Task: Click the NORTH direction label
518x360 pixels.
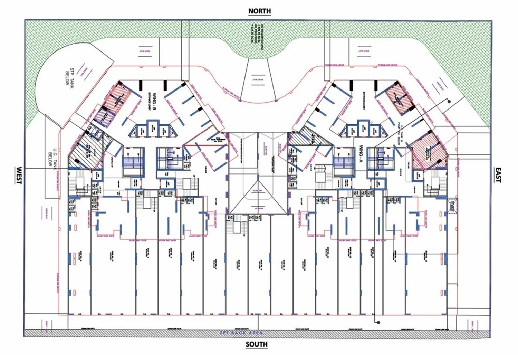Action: (260, 11)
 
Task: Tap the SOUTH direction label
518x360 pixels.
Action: (257, 344)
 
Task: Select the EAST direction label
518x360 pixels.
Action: (498, 175)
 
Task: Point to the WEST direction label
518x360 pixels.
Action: (19, 176)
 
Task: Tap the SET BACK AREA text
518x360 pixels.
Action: (242, 333)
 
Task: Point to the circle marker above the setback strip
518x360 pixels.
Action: (378, 322)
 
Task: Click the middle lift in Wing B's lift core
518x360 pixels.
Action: (152, 129)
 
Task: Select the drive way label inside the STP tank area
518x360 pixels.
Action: (83, 71)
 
